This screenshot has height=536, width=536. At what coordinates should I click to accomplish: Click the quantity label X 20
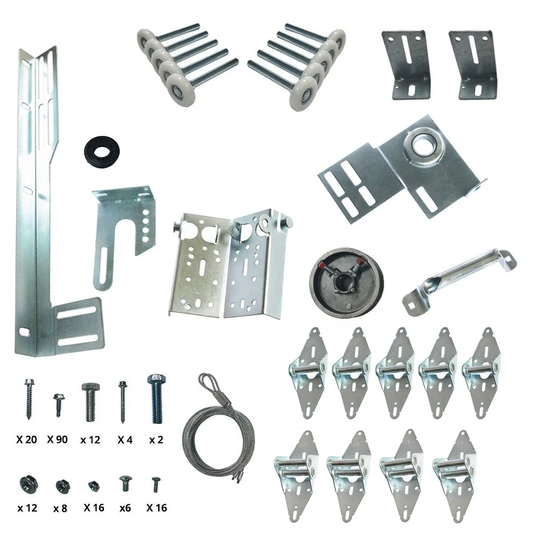point(26,440)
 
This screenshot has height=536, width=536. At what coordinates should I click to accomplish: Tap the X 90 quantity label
point(57,440)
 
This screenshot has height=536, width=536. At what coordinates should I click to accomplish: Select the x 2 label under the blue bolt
point(156,440)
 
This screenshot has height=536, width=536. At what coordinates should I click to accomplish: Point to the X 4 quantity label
point(125,440)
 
